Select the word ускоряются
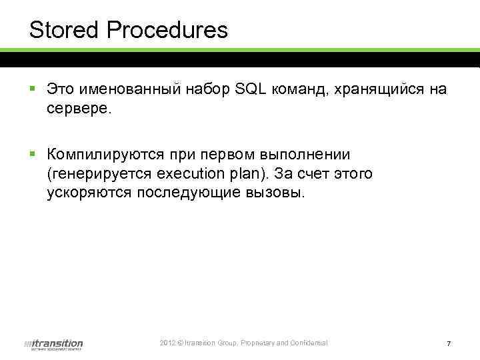[90, 193]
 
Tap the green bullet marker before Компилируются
[33, 154]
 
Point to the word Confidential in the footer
[308, 343]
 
